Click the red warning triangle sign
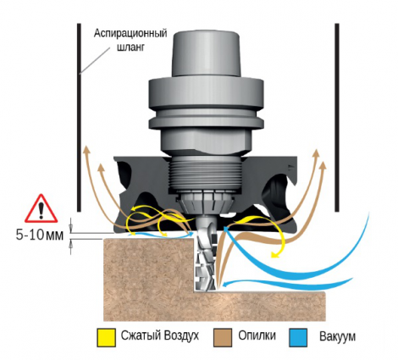(41, 208)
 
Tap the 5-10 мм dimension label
(40, 235)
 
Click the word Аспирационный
(130, 33)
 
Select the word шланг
(130, 47)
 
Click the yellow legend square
(106, 337)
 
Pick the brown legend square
(223, 337)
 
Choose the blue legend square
(298, 337)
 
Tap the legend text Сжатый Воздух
(160, 335)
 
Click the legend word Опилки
(257, 335)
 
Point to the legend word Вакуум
(338, 336)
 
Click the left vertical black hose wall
(80, 118)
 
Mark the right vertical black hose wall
(337, 118)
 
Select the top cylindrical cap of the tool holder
(207, 53)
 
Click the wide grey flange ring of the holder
(207, 103)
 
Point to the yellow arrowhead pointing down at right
(274, 255)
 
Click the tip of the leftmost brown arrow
(86, 147)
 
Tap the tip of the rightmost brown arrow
(323, 163)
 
